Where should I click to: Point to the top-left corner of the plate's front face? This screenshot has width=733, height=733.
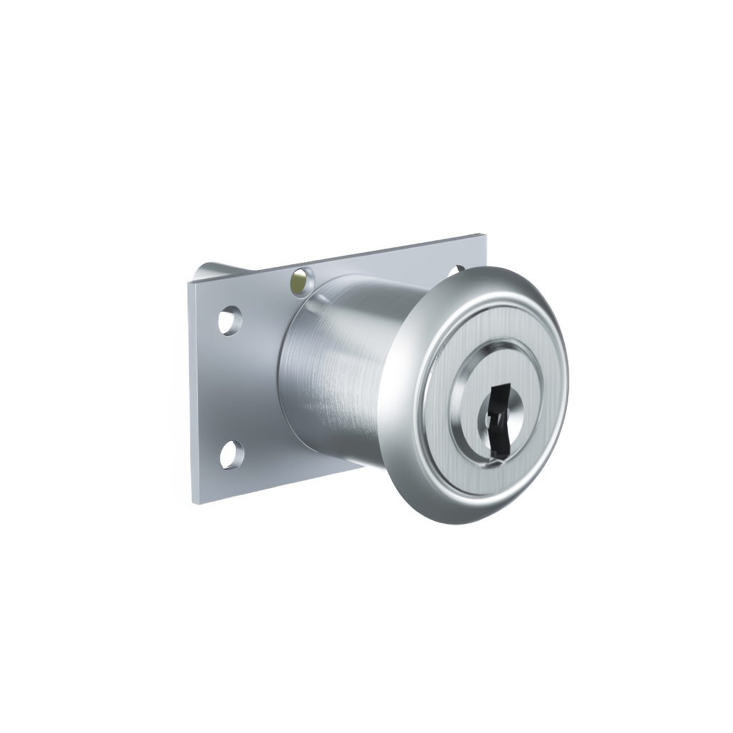[x=188, y=283]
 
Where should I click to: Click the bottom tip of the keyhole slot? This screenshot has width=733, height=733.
[x=500, y=435]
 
